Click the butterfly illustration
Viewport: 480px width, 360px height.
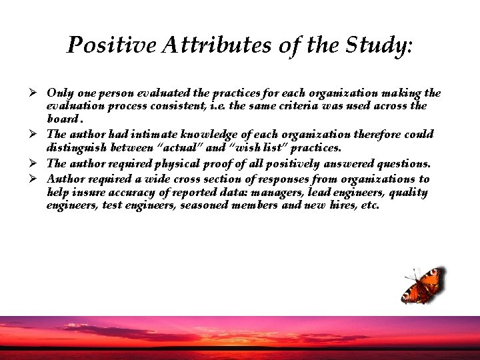pyautogui.click(x=421, y=285)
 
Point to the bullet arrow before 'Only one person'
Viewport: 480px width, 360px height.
pyautogui.click(x=39, y=92)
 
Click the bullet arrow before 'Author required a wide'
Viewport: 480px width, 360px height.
pyautogui.click(x=39, y=178)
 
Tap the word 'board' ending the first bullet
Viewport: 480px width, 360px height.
pyautogui.click(x=63, y=119)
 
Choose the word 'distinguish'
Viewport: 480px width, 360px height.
pyautogui.click(x=77, y=148)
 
